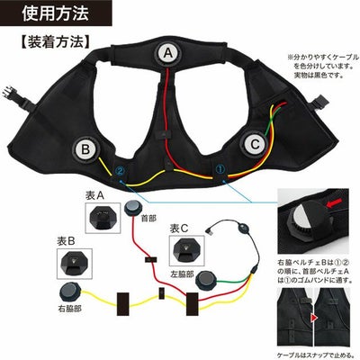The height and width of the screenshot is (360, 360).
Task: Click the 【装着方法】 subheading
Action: click(53, 42)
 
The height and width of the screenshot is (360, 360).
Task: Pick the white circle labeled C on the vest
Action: click(255, 143)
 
